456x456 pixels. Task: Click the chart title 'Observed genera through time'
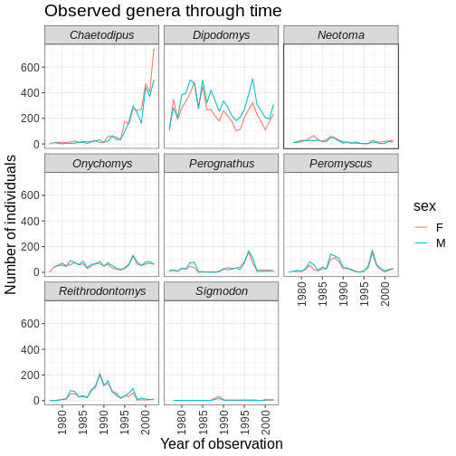coord(163,11)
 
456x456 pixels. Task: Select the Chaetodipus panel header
coord(102,35)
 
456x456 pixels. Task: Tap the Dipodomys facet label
coord(222,35)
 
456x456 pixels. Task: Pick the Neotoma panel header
coord(341,35)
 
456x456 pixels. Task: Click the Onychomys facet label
coord(102,164)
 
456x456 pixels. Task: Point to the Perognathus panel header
coord(222,164)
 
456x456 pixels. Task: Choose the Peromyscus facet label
coord(341,164)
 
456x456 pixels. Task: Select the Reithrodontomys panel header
coord(102,291)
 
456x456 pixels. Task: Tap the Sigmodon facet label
coord(222,291)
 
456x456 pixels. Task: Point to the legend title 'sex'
coord(424,206)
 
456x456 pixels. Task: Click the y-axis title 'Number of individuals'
coord(10,224)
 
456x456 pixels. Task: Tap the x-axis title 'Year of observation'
coord(222,443)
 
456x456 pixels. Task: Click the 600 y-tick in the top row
coord(30,67)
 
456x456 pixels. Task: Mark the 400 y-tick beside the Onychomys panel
coord(30,221)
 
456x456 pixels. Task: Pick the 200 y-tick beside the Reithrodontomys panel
coord(30,375)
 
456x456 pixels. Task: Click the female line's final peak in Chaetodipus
coord(154,49)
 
